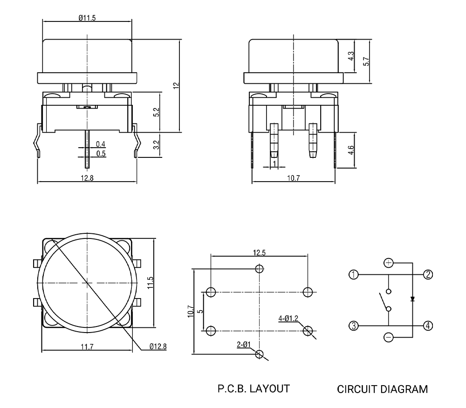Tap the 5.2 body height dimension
click(157, 112)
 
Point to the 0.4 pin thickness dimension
click(100, 144)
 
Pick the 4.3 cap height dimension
click(352, 55)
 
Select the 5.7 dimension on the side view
click(366, 61)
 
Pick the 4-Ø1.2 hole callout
click(288, 319)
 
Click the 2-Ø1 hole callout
click(244, 345)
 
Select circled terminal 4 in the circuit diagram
click(427, 326)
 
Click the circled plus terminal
click(388, 263)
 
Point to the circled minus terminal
click(388, 337)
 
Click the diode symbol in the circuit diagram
click(412, 299)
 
